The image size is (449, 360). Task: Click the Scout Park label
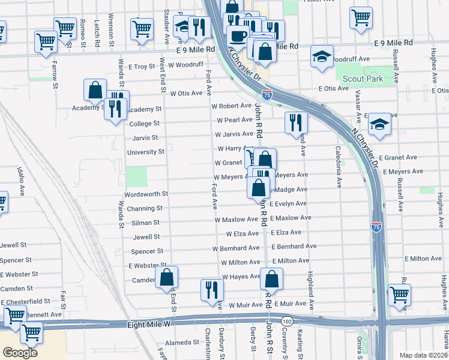pos(362,79)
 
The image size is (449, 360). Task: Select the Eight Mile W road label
pos(149,325)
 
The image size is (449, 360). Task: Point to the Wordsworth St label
pos(146,194)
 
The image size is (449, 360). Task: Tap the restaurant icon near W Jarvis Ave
pos(296,122)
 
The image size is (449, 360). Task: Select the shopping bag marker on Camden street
pos(167,278)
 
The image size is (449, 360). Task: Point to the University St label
pos(146,152)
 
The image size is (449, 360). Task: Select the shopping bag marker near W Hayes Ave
pos(272,279)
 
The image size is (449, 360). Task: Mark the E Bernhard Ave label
pos(294,246)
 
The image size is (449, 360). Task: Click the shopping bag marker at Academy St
pos(95,91)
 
